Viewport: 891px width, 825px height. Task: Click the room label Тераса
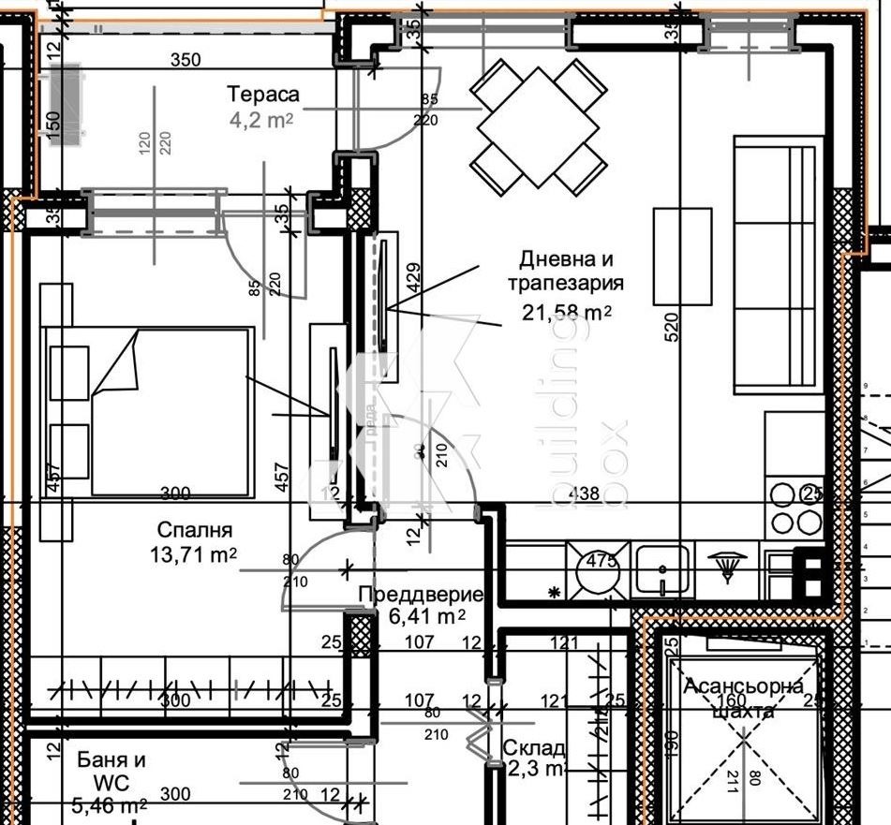click(263, 94)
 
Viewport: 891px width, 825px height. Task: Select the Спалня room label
click(195, 530)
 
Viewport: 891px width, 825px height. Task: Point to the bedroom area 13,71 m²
click(193, 554)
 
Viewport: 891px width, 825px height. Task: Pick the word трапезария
click(566, 283)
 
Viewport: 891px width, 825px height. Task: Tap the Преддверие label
click(421, 595)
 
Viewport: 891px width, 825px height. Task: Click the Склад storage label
click(534, 748)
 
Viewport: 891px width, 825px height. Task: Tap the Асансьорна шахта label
click(743, 699)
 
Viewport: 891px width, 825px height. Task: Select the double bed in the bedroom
click(173, 410)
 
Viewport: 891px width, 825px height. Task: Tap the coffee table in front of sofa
click(682, 256)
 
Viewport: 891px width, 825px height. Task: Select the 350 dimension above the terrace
click(186, 61)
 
